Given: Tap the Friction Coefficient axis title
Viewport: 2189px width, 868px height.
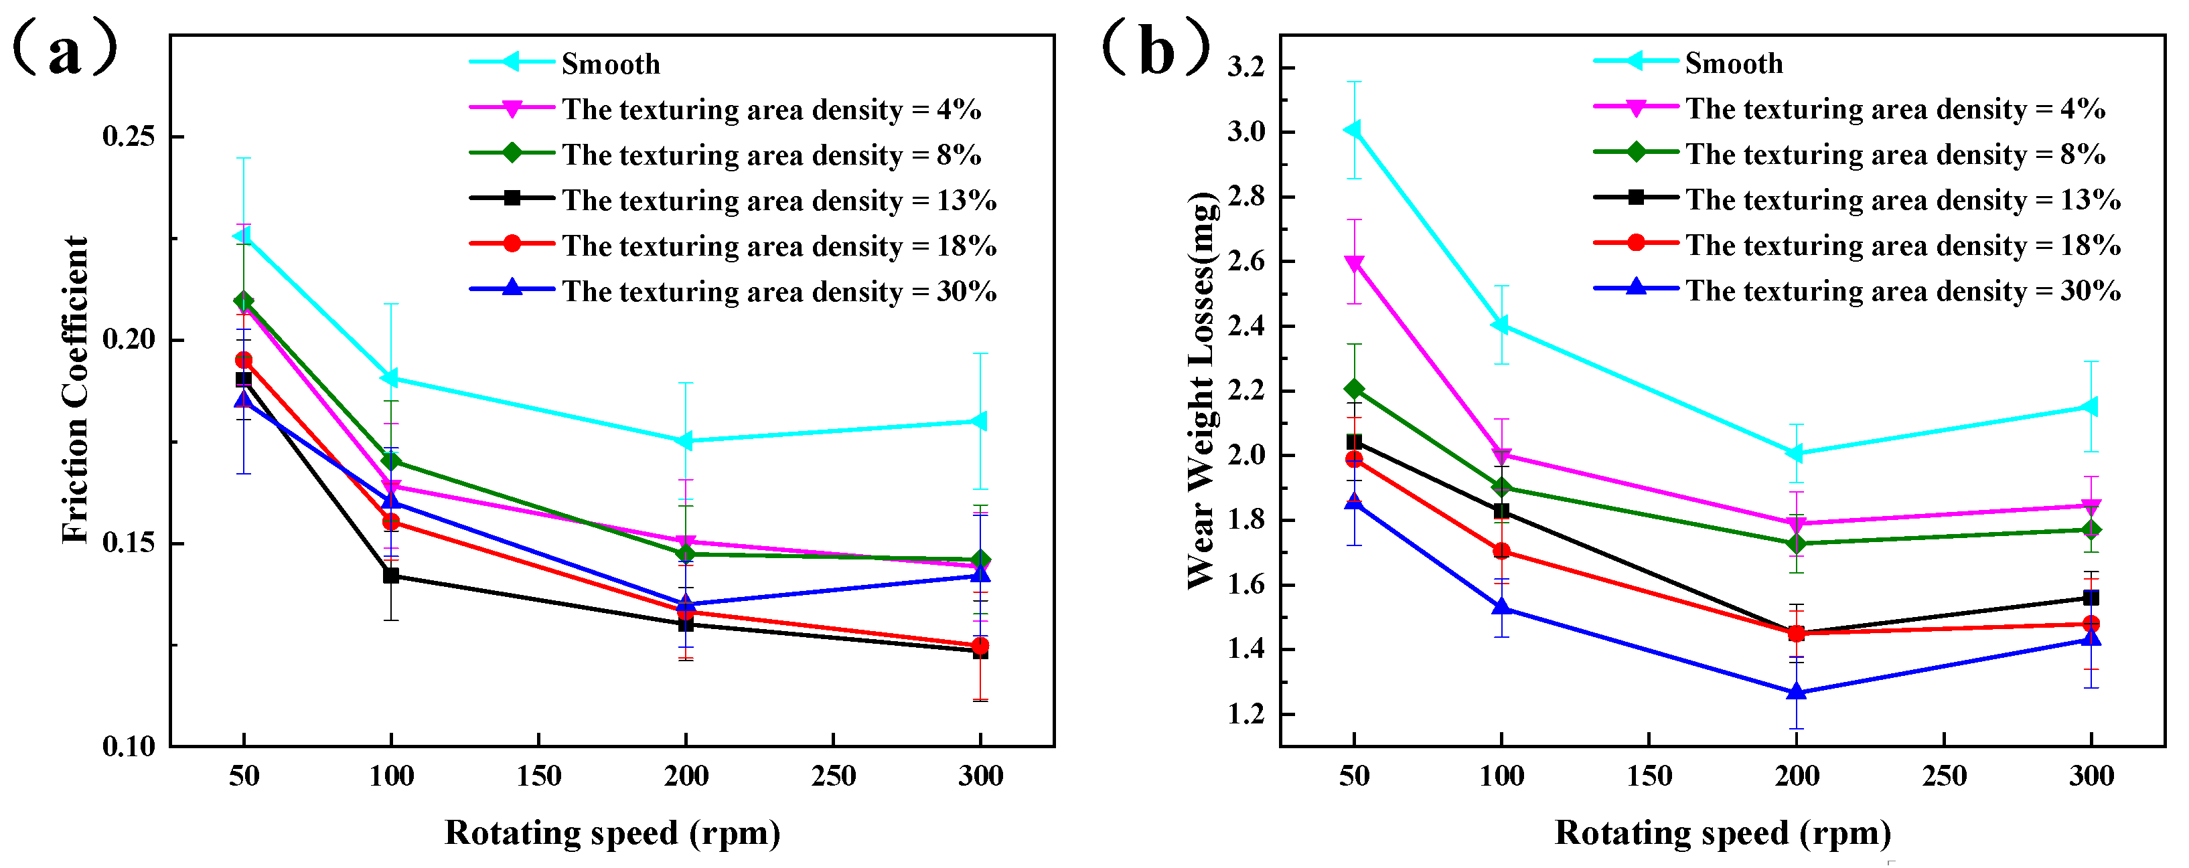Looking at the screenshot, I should (x=76, y=390).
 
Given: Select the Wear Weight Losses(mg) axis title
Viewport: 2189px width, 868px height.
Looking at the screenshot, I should (x=1203, y=390).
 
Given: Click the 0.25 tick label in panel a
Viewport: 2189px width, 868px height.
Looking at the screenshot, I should (x=129, y=136).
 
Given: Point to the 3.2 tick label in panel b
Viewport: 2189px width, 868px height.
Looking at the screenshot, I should (x=1246, y=66).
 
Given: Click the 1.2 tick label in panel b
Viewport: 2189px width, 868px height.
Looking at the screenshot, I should (x=1246, y=714).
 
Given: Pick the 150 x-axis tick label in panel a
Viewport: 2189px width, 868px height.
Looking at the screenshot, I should (x=539, y=776).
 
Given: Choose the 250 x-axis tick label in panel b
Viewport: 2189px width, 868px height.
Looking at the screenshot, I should (x=1945, y=776).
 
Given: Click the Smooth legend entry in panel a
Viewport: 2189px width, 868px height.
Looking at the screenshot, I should (x=610, y=64).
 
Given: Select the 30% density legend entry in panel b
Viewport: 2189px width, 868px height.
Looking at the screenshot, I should (x=1904, y=290).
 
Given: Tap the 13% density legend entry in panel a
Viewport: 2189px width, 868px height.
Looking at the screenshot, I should (x=778, y=201).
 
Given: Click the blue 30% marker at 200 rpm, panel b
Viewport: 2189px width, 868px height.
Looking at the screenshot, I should (x=1797, y=692).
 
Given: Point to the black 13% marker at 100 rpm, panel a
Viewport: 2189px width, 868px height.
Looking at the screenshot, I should (x=391, y=576).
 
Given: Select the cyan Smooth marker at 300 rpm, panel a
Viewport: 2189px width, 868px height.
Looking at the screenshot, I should (x=979, y=421).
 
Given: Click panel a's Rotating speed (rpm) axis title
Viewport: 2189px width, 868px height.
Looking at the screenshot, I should (x=612, y=833).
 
